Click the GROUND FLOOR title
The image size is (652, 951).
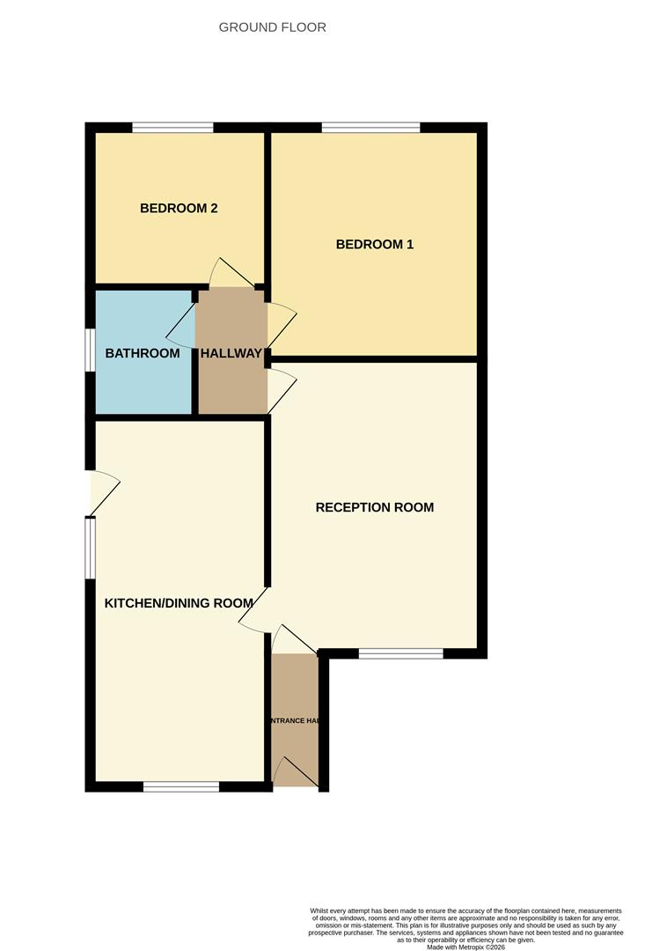click(272, 27)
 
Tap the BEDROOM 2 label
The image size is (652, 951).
click(179, 209)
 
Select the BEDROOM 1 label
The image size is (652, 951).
click(374, 244)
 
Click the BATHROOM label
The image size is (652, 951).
click(143, 353)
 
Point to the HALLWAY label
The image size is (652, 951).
click(231, 353)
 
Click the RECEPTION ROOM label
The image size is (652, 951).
click(374, 507)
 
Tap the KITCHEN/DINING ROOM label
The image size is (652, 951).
click(179, 603)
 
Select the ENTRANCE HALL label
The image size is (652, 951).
click(295, 720)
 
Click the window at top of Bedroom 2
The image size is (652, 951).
click(173, 128)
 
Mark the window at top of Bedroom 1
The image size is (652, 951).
click(370, 128)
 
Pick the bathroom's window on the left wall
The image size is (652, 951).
click(90, 350)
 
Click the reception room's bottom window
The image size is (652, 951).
click(400, 653)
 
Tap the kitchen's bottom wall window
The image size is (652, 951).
click(181, 786)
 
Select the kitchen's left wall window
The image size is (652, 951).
click(90, 548)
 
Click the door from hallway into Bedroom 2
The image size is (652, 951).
click(231, 273)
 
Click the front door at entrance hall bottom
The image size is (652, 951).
click(295, 773)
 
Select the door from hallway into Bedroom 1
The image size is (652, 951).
click(281, 323)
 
